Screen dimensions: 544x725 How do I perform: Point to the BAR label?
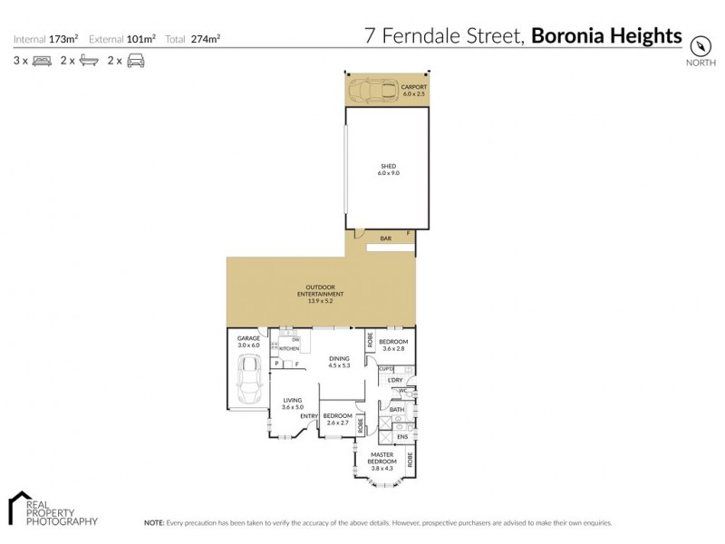385,238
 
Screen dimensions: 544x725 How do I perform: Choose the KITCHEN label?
289,348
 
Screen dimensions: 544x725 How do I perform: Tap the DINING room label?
339,362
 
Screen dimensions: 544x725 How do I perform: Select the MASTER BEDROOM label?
382,461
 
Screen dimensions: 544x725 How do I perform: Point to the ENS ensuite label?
401,437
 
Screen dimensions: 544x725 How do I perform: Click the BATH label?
396,410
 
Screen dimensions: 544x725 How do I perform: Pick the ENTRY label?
310,416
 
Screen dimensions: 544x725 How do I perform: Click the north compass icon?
700,45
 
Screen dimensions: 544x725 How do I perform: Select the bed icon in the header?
42,61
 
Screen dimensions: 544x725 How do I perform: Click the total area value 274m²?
206,39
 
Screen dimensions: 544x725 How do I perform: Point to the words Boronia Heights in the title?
606,36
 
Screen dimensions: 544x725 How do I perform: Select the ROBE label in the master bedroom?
410,459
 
